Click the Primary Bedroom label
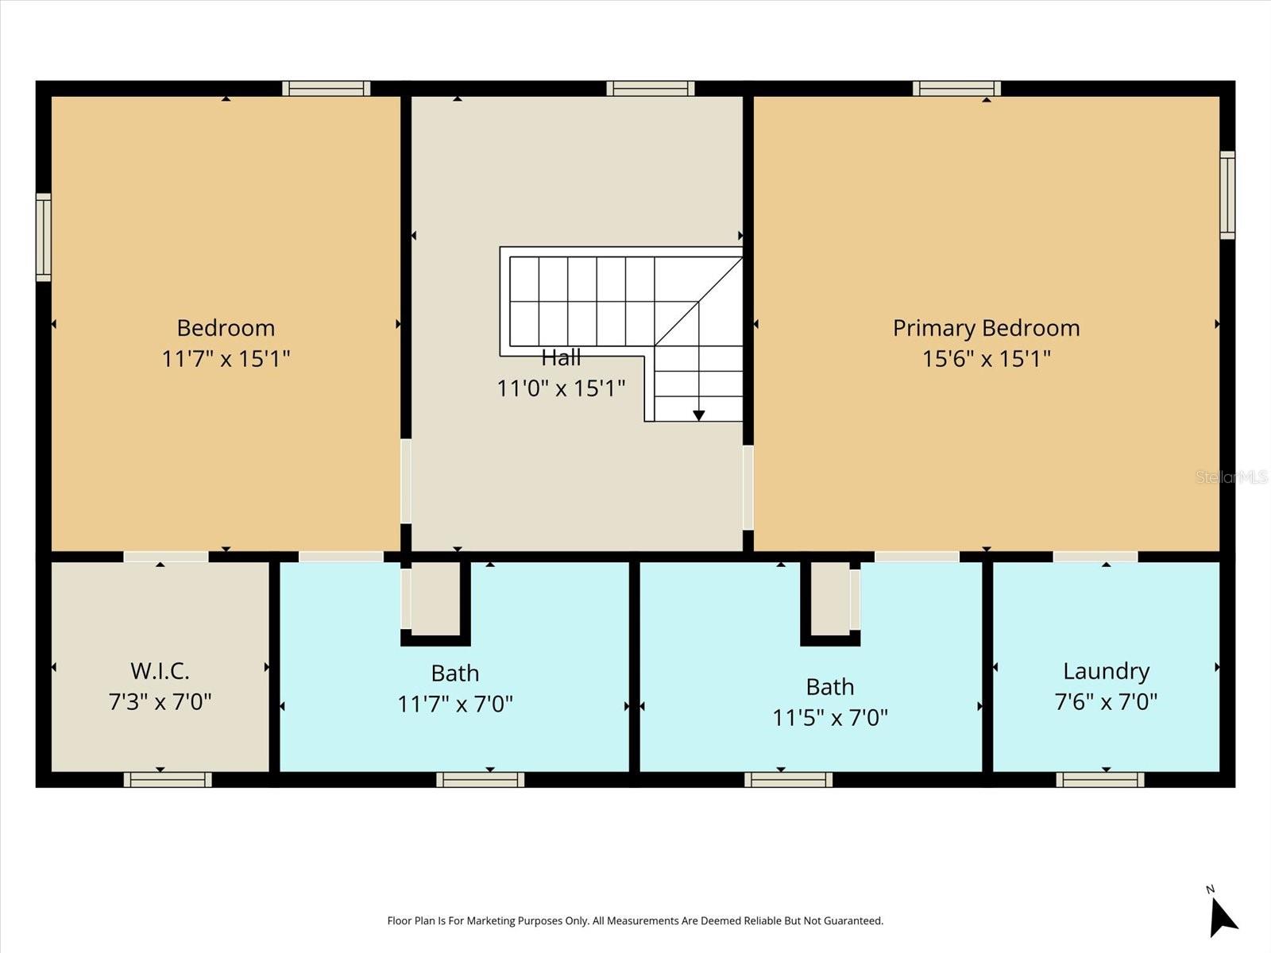pyautogui.click(x=986, y=328)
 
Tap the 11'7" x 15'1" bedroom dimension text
pyautogui.click(x=226, y=359)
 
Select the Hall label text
pyautogui.click(x=561, y=358)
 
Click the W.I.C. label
pyautogui.click(x=160, y=671)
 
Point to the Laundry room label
pyautogui.click(x=1106, y=671)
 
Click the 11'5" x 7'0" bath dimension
pyautogui.click(x=829, y=718)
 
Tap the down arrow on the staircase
pyautogui.click(x=698, y=415)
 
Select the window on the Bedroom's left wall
pyautogui.click(x=44, y=237)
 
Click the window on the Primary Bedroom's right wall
pyautogui.click(x=1227, y=195)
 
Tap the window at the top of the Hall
pyautogui.click(x=650, y=88)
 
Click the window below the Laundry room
pyautogui.click(x=1099, y=780)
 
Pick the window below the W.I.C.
pyautogui.click(x=168, y=780)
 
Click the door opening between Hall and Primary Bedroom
pyautogui.click(x=748, y=488)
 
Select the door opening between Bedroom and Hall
pyautogui.click(x=406, y=481)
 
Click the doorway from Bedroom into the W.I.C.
pyautogui.click(x=166, y=557)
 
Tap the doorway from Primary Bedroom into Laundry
pyautogui.click(x=1095, y=557)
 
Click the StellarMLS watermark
pyautogui.click(x=1231, y=477)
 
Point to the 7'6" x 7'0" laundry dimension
pyautogui.click(x=1106, y=702)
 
